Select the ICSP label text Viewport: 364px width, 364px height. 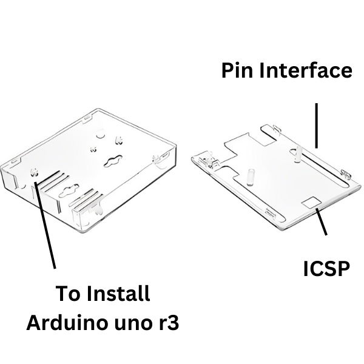pos(326,269)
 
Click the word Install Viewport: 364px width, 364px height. pos(118,294)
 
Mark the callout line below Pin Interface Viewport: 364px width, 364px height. pos(316,126)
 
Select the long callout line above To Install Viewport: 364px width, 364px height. pos(45,225)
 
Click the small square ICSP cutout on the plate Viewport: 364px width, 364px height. pos(312,202)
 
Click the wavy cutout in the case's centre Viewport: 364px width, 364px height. pos(113,161)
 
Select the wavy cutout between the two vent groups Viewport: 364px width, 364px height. pos(69,190)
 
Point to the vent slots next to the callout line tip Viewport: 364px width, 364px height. pos(53,180)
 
